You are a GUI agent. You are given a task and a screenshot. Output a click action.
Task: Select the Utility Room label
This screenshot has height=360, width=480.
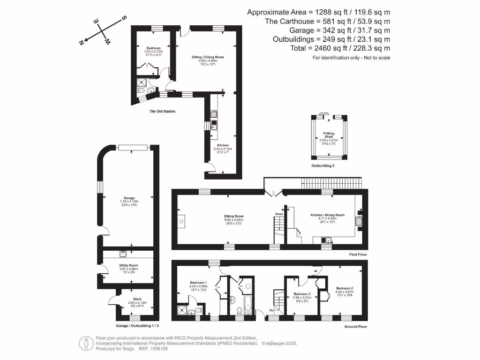coord(128,265)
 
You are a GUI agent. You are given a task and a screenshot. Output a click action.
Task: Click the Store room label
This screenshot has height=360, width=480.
coord(137,299)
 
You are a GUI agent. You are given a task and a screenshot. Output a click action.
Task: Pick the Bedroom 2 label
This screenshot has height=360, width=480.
coord(345,288)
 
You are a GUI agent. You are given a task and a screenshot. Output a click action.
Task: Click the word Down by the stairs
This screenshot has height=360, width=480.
coord(279,214)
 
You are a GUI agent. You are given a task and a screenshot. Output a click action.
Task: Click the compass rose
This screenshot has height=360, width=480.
coord(103,31)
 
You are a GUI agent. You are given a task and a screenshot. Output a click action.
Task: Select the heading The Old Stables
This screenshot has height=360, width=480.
coord(162,112)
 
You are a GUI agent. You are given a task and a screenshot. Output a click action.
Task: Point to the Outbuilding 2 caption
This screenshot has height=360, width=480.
coord(323,166)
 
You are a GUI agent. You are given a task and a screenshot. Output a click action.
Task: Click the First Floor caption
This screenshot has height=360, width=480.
coord(358,255)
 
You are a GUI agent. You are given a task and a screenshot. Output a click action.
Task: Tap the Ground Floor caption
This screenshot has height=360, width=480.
coord(356,327)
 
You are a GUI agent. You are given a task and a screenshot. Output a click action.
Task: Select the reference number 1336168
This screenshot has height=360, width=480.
coord(152,348)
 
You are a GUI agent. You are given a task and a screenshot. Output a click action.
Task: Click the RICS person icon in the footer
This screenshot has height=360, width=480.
coord(85,343)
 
